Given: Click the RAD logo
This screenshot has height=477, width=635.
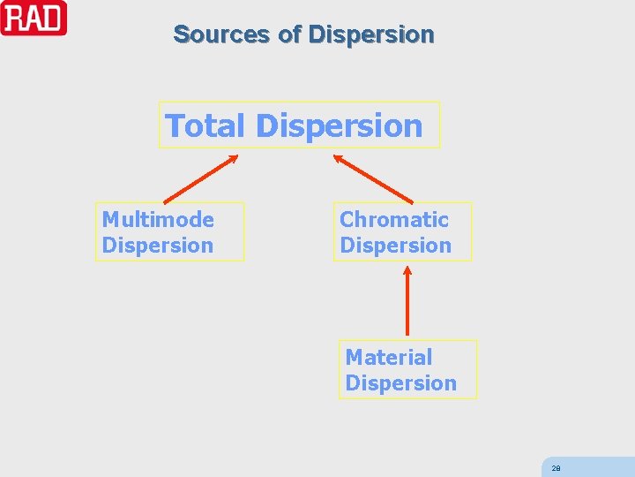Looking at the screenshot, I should point(34,18).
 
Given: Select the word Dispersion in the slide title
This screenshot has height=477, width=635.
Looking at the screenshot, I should point(371,34).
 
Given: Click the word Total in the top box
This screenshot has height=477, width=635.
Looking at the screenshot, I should point(206,125).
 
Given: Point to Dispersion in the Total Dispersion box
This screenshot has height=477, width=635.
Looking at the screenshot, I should point(340,125).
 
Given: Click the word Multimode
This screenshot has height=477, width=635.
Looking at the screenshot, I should point(158,219).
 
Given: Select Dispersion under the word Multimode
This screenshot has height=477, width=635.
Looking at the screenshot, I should point(158,246).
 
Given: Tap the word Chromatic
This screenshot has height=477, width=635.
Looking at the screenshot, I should point(394,219).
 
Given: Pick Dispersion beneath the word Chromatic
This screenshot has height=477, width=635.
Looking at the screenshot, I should point(395,246).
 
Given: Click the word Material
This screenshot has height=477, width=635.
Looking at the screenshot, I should point(389,357).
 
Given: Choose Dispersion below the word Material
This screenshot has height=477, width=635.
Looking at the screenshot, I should point(400,383).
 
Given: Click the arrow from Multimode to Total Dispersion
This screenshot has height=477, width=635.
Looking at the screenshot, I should point(201,179).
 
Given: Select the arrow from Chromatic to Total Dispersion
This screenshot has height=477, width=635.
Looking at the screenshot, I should point(373,179).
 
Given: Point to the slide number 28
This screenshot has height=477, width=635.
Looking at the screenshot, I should point(556,468).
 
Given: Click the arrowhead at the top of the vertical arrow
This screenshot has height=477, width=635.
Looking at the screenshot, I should point(407,270).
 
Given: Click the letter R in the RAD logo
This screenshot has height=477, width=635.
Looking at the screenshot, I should point(14,19).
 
